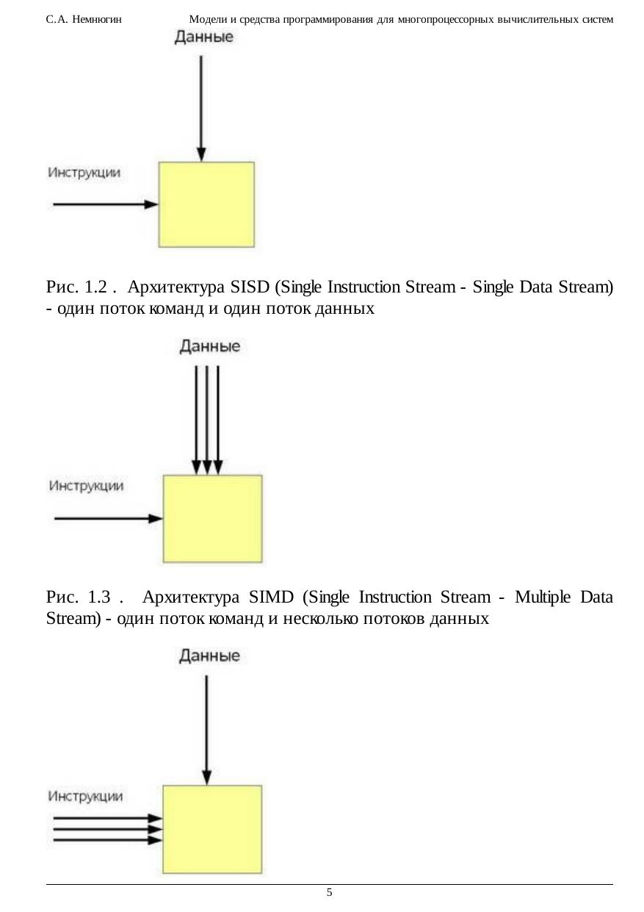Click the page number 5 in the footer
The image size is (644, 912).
click(x=329, y=892)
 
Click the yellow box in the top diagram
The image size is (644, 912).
click(x=206, y=204)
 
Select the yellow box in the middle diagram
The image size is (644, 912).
click(x=212, y=518)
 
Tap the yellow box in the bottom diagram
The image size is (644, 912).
click(x=212, y=828)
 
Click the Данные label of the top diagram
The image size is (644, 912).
click(x=204, y=37)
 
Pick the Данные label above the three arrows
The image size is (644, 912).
click(x=209, y=346)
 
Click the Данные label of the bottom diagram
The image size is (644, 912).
click(x=209, y=656)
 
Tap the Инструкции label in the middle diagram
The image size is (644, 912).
click(x=86, y=486)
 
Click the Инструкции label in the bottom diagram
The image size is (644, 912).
click(x=86, y=796)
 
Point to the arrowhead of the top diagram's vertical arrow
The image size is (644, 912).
click(x=201, y=154)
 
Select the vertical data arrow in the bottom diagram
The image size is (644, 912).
click(x=207, y=728)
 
